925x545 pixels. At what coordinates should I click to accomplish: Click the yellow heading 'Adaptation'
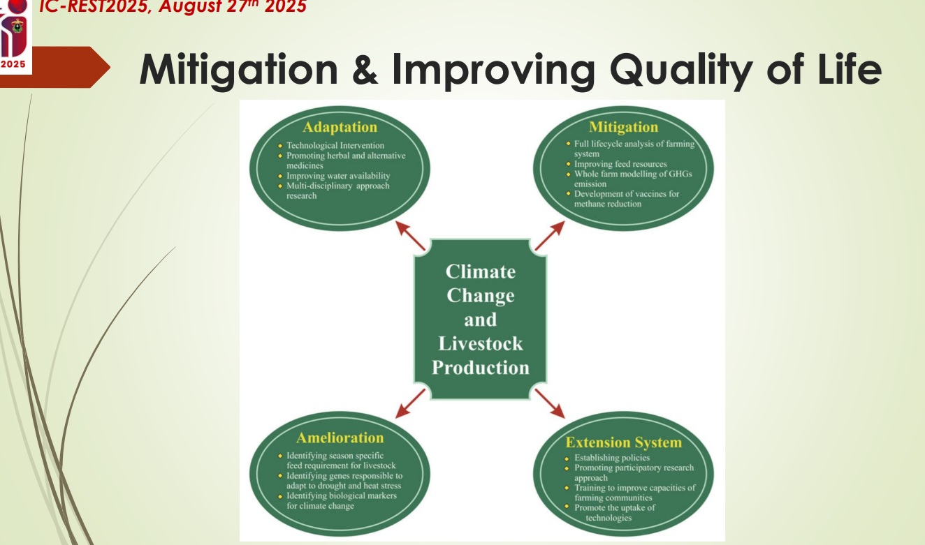coord(340,128)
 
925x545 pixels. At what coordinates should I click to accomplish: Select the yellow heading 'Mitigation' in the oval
coord(623,128)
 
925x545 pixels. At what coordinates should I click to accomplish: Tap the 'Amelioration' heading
coord(340,438)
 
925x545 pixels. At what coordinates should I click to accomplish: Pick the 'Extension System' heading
coord(624,442)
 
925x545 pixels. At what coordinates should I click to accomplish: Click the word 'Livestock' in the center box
coord(480,343)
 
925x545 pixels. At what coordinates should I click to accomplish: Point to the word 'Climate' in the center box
coord(481,272)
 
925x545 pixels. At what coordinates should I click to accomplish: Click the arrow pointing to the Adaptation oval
coord(410,236)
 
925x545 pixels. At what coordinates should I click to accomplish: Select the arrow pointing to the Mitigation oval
coord(550,236)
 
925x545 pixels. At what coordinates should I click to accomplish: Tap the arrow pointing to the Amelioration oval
coord(410,403)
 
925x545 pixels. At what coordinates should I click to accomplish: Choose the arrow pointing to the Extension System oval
coord(550,403)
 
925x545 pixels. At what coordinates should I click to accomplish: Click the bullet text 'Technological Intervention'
coord(335,146)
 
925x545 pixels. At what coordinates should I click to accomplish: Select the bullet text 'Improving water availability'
coord(338,176)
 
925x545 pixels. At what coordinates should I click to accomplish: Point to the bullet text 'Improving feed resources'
coord(620,164)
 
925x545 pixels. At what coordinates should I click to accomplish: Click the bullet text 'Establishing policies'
coord(612,458)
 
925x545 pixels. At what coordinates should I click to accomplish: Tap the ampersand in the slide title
coord(365,69)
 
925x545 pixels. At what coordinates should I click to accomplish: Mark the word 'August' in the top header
coord(190,6)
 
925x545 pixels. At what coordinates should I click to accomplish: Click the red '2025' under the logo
coord(13,64)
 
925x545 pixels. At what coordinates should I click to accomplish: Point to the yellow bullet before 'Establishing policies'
coord(567,458)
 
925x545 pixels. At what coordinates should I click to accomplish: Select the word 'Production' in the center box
coord(480,368)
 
